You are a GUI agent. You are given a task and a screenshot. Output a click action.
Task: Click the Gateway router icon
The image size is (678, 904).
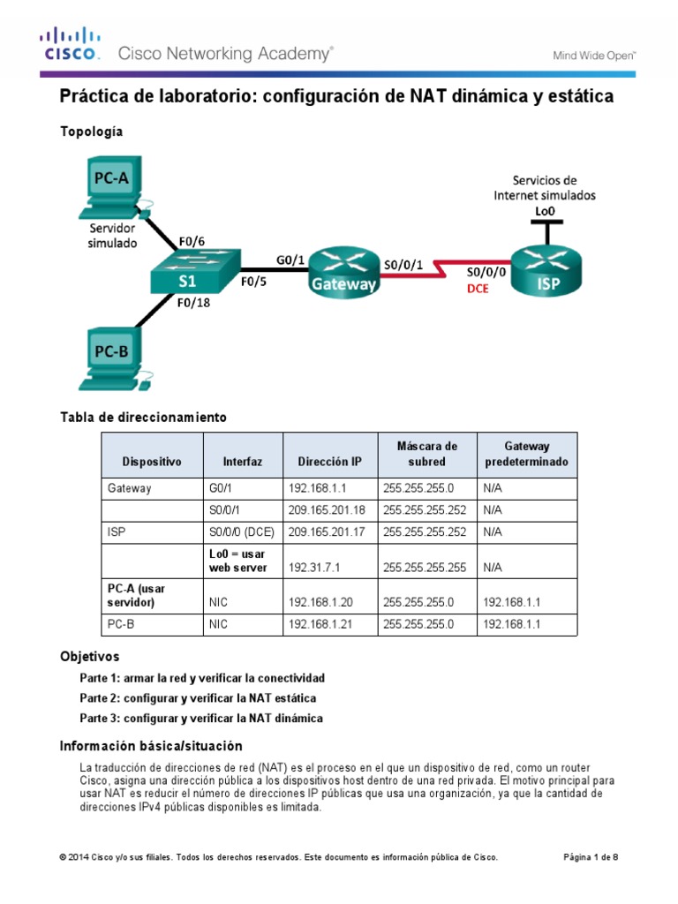[343, 270]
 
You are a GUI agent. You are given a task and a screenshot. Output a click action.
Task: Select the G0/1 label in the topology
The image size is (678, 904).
[290, 260]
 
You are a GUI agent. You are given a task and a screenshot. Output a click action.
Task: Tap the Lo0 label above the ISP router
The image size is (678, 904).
[546, 211]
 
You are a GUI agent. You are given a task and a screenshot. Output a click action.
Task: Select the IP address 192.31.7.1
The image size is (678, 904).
[314, 569]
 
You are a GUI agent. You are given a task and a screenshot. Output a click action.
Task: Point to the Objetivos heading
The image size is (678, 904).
[89, 657]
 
